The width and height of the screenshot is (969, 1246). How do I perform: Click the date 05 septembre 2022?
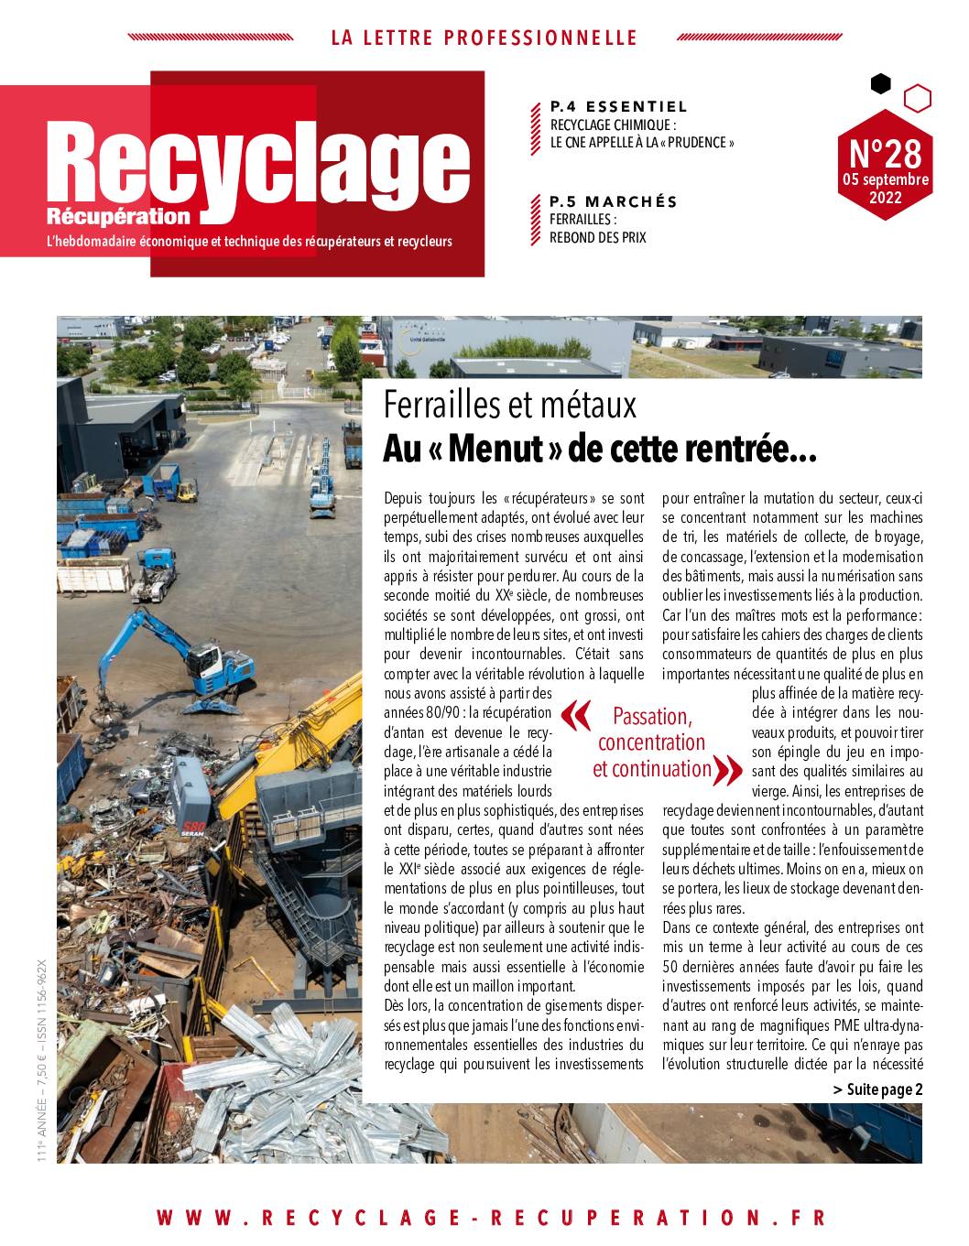pyautogui.click(x=886, y=188)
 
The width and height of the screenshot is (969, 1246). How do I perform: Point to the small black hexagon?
pyautogui.click(x=880, y=84)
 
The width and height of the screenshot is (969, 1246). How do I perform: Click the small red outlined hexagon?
pyautogui.click(x=918, y=97)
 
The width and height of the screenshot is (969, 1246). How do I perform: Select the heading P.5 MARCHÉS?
pyautogui.click(x=614, y=201)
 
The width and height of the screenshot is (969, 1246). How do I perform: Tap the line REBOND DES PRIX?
pyautogui.click(x=598, y=237)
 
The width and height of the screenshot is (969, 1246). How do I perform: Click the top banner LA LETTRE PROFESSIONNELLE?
pyautogui.click(x=484, y=38)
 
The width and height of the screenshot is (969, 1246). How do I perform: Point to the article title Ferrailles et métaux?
pyautogui.click(x=509, y=404)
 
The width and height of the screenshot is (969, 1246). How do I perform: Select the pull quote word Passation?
pyautogui.click(x=652, y=715)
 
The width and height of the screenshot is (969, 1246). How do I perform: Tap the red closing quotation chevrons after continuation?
pyautogui.click(x=726, y=770)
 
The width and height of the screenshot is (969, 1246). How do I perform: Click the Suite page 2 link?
pyautogui.click(x=877, y=1089)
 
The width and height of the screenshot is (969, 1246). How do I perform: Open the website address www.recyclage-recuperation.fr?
pyautogui.click(x=491, y=1218)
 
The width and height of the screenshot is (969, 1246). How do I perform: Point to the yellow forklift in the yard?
pyautogui.click(x=186, y=492)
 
